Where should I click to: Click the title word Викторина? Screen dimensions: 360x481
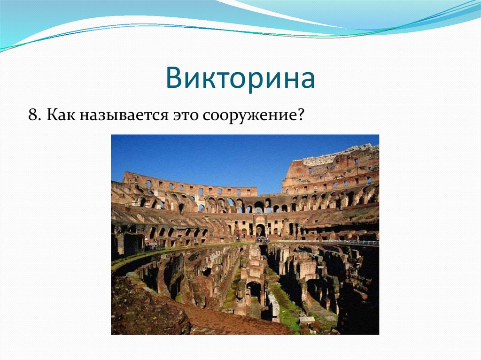[240, 78]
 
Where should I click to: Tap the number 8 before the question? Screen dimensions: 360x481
[32, 115]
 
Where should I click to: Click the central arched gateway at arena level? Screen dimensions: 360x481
[260, 230]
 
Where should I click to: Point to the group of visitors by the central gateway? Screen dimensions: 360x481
[262, 239]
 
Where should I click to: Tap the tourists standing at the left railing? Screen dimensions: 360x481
[151, 244]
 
